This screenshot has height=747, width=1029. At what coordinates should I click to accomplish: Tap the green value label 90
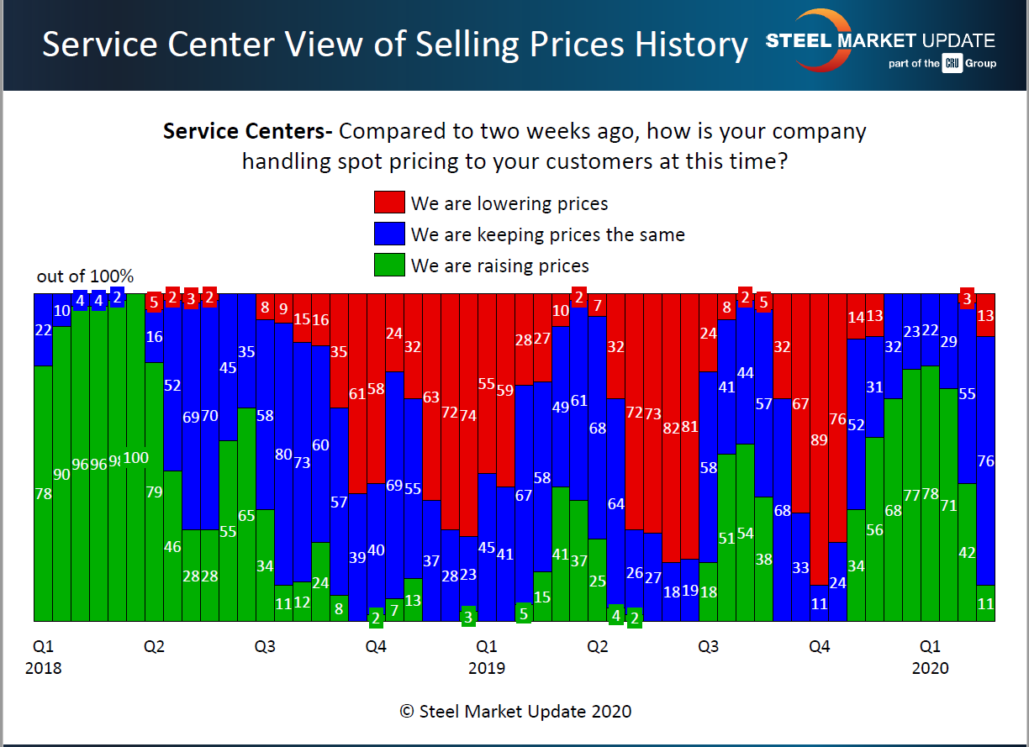[x=61, y=474]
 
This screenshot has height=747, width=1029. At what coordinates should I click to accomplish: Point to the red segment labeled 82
[x=671, y=428]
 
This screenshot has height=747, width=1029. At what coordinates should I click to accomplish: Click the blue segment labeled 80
[x=283, y=455]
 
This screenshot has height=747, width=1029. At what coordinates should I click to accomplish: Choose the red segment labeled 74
[x=468, y=415]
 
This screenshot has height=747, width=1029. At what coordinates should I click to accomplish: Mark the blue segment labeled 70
[x=209, y=415]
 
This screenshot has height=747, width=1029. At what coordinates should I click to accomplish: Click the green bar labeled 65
[x=246, y=515]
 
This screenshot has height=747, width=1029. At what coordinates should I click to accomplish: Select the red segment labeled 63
[x=431, y=397]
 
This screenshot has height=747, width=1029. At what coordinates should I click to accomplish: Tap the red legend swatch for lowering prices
[x=389, y=203]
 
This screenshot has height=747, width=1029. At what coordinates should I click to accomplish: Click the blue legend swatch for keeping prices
[x=389, y=234]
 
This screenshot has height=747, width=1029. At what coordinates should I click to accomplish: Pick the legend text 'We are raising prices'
[x=500, y=266]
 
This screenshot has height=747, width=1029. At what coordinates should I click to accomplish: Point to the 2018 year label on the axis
[x=43, y=668]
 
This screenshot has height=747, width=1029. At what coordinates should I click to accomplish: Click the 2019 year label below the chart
[x=487, y=668]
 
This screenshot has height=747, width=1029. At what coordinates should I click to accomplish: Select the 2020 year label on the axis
[x=930, y=668]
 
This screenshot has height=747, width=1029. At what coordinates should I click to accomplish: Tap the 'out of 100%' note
[x=85, y=276]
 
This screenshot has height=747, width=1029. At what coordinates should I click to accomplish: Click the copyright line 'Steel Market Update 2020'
[x=515, y=711]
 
